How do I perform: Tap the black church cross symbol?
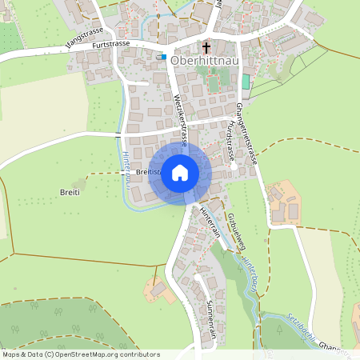point(206,47)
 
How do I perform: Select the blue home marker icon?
point(180,172)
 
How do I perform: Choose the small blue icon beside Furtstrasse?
point(162,56)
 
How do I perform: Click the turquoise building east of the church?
point(246,81)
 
